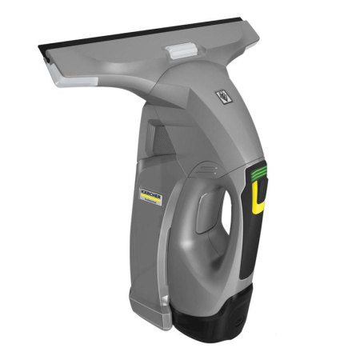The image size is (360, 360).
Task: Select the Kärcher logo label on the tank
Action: click(150, 197)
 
